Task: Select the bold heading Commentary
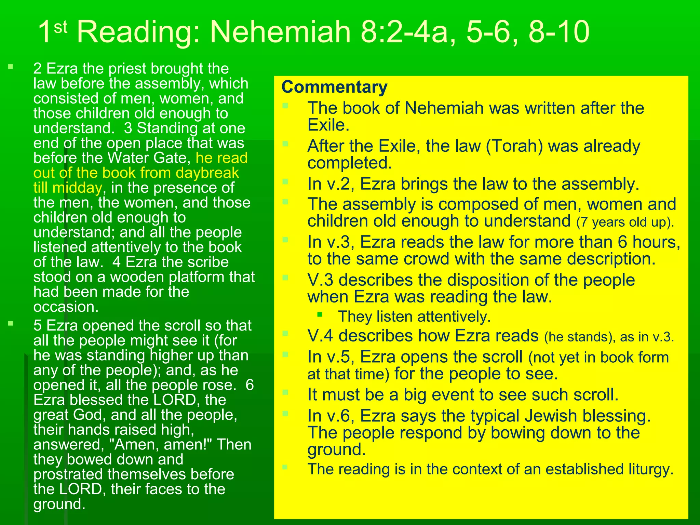click(x=334, y=87)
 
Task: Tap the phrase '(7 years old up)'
click(x=625, y=222)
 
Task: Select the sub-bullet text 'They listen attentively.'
click(x=414, y=317)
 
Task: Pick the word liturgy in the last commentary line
click(x=651, y=469)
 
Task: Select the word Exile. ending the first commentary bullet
click(x=328, y=125)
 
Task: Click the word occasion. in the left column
click(x=66, y=307)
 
